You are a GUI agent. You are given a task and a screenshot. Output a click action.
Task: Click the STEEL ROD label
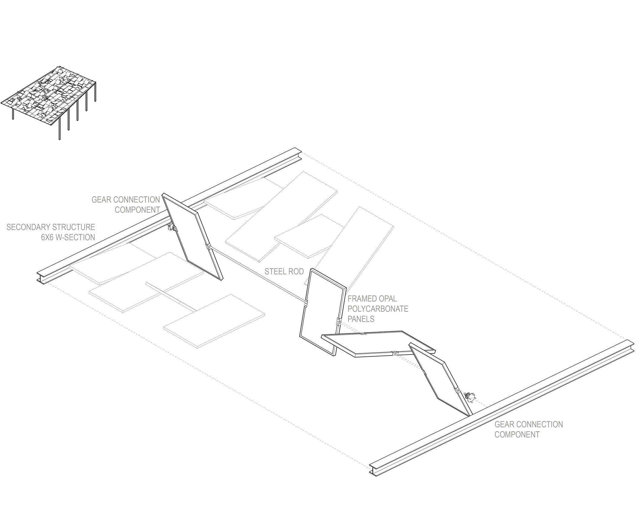pos(284,272)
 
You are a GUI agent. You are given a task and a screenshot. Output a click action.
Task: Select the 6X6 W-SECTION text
pos(68,237)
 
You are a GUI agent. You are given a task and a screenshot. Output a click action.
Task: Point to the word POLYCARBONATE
pos(378,309)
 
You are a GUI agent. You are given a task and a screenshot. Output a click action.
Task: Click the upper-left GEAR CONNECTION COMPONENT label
pos(125,205)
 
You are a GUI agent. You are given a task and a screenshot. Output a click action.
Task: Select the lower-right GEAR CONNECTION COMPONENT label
pos(528,429)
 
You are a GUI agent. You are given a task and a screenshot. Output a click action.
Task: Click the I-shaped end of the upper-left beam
pos(41,277)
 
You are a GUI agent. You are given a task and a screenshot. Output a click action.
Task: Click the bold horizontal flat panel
pos(378,344)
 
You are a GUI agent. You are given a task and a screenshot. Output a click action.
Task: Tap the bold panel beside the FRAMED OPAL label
pos(323,311)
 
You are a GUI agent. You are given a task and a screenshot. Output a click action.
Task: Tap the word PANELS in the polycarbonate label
pos(361,319)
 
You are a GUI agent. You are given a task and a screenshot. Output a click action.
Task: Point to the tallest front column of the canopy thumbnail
pos(60,128)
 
